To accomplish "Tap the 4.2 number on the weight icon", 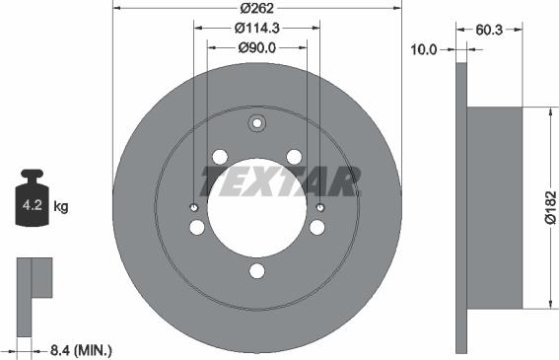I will (x=32, y=207).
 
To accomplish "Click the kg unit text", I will (x=60, y=207).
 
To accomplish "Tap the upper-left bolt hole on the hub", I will (x=220, y=157).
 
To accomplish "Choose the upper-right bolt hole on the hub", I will (x=295, y=157).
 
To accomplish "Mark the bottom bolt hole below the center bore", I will (x=257, y=271).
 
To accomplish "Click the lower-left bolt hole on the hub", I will (x=197, y=228).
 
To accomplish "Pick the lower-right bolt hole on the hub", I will (x=317, y=228).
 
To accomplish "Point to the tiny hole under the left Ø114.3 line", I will (x=193, y=208).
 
